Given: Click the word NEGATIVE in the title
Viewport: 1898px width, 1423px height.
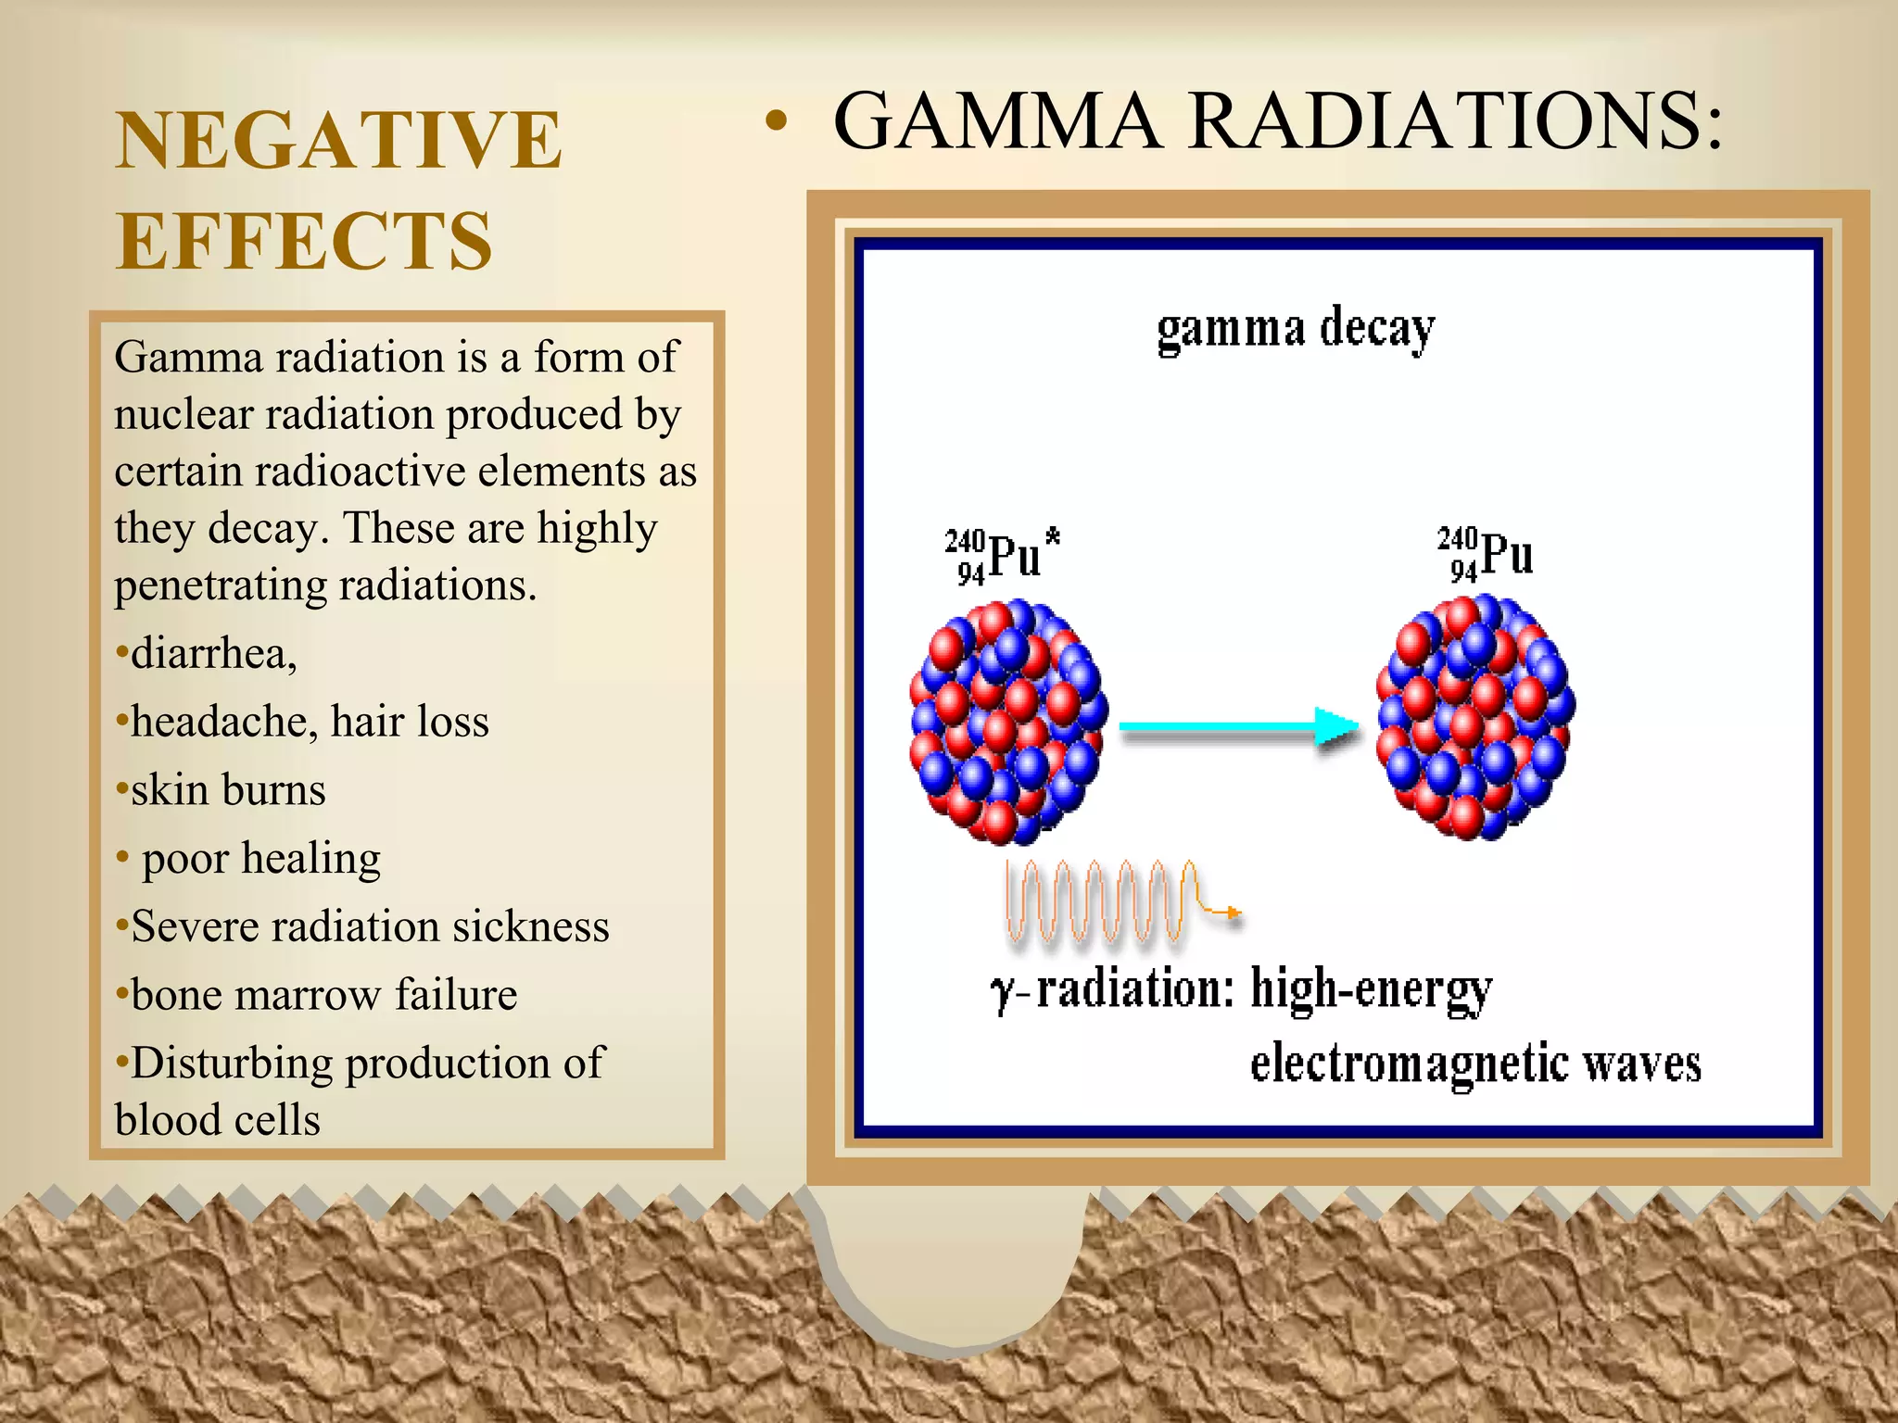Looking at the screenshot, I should (338, 141).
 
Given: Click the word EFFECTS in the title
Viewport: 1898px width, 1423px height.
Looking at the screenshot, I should (304, 241).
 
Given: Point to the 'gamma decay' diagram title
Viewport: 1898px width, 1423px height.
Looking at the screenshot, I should (1296, 329).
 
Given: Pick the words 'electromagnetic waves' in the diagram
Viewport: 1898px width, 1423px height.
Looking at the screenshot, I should (1475, 1064).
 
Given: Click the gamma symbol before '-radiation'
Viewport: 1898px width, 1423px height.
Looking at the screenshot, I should (1002, 993).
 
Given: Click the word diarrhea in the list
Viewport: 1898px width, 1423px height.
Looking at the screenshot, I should (213, 654).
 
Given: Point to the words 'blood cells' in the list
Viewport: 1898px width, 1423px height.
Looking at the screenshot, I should (217, 1120).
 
